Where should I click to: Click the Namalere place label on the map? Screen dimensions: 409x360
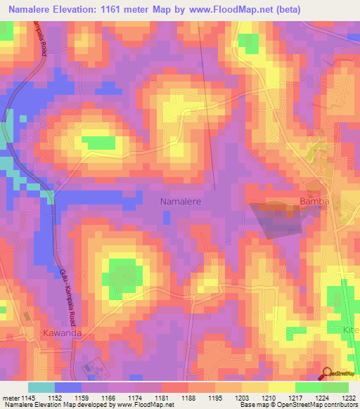181,202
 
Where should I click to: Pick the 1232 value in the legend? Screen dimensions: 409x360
349,397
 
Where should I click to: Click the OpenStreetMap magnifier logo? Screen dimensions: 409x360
327,374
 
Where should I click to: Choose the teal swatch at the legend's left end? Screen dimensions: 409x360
41,387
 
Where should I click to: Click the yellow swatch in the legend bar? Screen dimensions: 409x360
281,387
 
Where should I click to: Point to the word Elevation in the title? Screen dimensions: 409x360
79,10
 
